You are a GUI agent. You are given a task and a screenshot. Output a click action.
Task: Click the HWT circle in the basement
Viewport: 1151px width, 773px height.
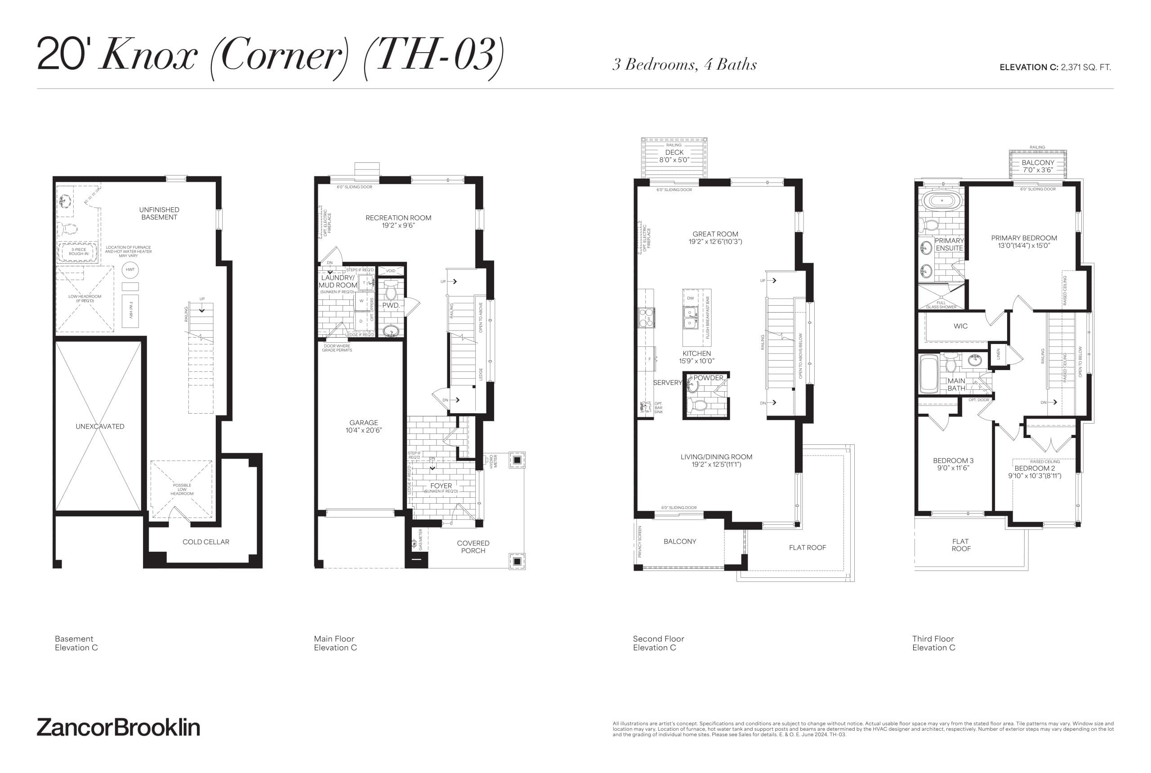point(130,270)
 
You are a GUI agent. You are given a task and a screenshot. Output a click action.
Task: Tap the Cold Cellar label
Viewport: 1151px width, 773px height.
point(205,542)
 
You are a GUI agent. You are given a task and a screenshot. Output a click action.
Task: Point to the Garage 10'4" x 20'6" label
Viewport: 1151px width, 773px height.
point(363,426)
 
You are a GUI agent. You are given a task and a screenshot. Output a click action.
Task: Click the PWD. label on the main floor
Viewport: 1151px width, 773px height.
point(390,305)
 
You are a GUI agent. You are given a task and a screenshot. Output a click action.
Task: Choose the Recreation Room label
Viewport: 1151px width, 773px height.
point(398,221)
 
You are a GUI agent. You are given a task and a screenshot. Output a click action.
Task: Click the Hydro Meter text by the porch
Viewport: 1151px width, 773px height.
point(493,461)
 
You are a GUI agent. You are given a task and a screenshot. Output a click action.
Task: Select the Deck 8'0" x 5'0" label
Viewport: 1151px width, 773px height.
point(674,156)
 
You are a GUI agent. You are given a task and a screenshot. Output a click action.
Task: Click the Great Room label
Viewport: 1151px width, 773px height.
point(715,237)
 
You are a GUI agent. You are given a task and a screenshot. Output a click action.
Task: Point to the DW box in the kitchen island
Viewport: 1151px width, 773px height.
point(690,298)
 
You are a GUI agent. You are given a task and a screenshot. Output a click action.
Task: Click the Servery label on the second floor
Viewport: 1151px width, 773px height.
point(667,383)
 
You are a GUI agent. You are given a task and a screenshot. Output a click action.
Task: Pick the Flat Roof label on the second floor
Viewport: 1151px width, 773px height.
point(807,548)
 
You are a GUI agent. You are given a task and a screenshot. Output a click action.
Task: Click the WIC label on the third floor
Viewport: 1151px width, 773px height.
point(960,326)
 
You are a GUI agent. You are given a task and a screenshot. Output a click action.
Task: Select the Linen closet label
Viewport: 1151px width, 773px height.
point(998,353)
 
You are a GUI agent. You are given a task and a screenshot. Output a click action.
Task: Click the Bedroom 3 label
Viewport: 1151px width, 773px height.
point(953,464)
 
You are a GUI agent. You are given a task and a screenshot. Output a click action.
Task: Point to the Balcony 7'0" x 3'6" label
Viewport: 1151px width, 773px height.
point(1038,166)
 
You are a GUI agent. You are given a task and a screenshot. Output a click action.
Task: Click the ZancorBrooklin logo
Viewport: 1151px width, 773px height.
point(118,728)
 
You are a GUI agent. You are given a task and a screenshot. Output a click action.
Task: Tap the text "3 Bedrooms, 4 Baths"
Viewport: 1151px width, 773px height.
point(684,65)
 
